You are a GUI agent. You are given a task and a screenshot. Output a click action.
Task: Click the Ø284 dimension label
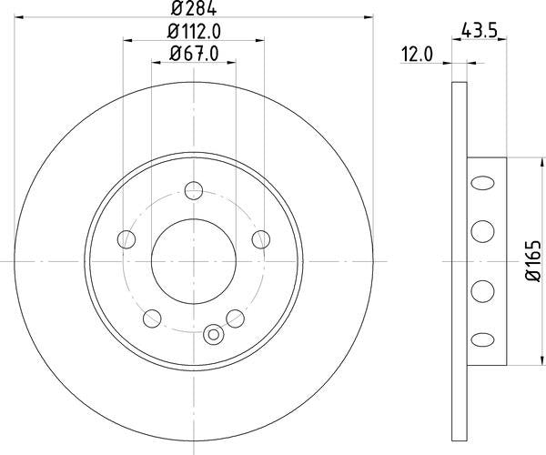pos(194,9)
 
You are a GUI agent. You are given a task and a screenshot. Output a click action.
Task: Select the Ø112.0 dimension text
pos(194,32)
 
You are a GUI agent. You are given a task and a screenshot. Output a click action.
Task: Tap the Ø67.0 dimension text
pos(194,54)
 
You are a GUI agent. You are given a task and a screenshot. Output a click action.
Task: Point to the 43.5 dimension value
pos(479,31)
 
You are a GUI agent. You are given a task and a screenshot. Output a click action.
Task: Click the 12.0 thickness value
pos(417,55)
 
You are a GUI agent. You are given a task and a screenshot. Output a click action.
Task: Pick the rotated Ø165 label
pos(533,261)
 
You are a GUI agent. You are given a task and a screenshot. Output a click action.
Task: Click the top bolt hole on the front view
pos(194,190)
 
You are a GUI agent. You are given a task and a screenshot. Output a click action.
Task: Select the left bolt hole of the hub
pos(126,239)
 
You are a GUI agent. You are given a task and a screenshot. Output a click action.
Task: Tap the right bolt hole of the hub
pos(261,239)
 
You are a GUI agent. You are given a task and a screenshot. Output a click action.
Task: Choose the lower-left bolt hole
pos(152,318)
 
